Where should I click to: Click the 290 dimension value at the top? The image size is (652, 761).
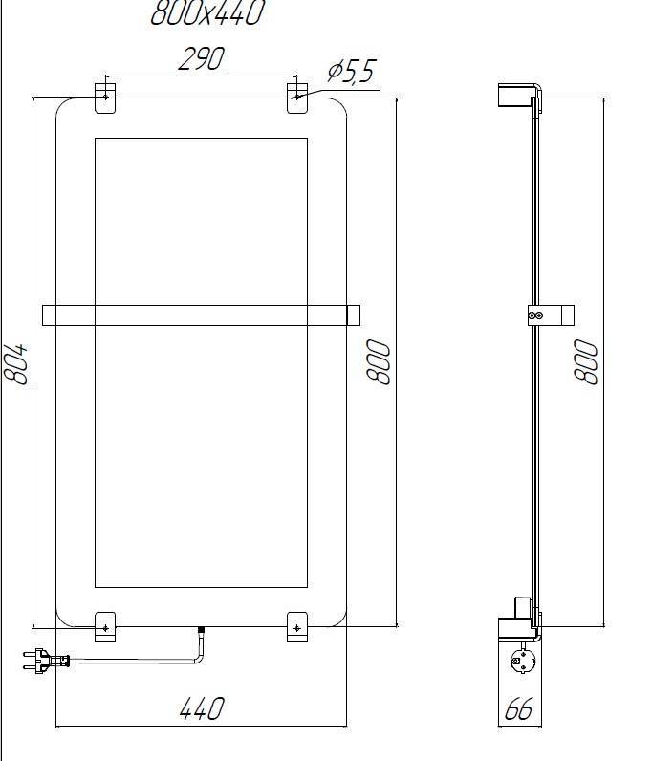tap(201, 59)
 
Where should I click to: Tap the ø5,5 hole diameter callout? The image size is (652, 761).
tap(352, 72)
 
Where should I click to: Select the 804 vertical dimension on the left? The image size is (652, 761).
tap(16, 362)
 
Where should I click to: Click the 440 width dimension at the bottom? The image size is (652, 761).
tap(202, 708)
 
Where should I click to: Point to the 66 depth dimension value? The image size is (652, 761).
tap(518, 709)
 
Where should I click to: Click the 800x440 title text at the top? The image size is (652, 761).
tap(206, 13)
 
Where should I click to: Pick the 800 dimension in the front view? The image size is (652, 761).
tap(380, 362)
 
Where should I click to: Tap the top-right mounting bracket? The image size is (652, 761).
tap(298, 98)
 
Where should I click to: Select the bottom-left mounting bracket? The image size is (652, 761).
tap(105, 626)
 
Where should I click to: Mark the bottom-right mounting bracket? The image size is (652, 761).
tap(298, 626)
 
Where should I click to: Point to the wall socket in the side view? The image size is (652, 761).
tap(522, 661)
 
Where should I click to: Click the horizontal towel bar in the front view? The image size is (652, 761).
tap(201, 315)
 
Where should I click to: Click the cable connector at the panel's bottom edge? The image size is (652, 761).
tap(201, 632)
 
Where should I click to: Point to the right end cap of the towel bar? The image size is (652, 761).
tap(353, 315)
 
